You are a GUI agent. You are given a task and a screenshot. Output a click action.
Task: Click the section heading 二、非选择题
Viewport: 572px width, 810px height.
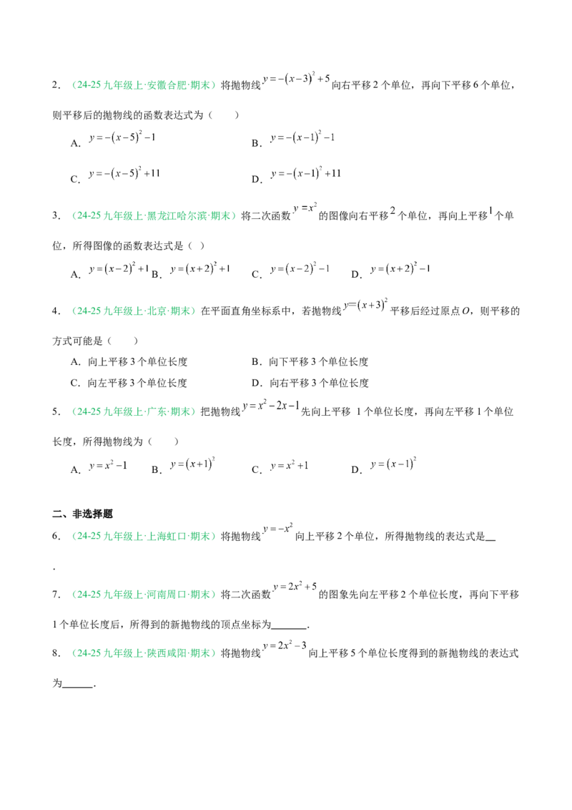pos(82,514)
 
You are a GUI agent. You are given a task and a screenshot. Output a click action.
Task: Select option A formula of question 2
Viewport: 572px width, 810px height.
pos(122,137)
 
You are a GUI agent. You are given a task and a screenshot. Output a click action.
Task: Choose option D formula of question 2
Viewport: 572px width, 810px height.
pos(305,174)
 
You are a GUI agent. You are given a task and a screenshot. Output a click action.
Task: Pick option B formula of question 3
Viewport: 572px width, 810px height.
pos(199,268)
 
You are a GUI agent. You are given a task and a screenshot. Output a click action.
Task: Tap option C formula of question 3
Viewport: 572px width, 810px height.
pos(300,268)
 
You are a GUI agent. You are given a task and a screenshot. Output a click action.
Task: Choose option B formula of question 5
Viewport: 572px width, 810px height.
pos(192,464)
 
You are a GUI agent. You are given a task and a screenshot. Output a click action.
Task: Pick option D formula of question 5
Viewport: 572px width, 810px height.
pos(393,464)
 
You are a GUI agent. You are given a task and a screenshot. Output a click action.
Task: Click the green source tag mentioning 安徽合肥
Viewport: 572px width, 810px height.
pos(143,85)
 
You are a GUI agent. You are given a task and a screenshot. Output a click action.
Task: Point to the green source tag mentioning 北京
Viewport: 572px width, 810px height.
pos(133,311)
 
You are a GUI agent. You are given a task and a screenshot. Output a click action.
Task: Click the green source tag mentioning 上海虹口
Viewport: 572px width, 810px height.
pos(143,536)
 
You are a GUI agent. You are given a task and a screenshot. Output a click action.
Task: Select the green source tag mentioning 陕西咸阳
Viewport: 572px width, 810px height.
pos(143,653)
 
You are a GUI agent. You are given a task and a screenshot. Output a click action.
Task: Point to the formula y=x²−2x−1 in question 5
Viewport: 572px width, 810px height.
pos(271,406)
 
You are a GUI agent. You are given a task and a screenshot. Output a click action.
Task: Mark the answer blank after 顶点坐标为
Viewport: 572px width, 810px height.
pos(289,627)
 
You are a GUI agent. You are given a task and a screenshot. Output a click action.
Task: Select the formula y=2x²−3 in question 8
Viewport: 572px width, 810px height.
pos(285,645)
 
